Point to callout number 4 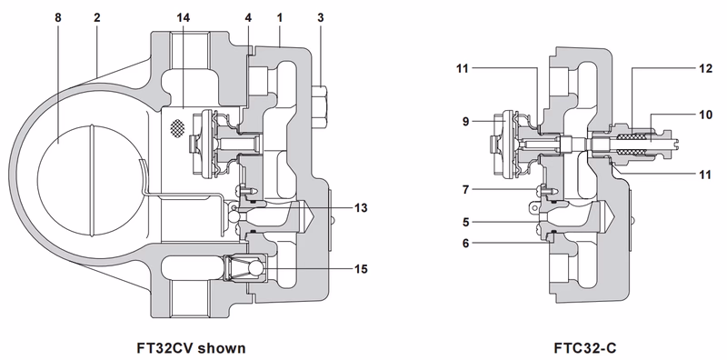click(x=247, y=16)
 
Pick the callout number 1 click(x=281, y=16)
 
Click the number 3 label click(x=321, y=16)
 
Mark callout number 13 click(x=361, y=208)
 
